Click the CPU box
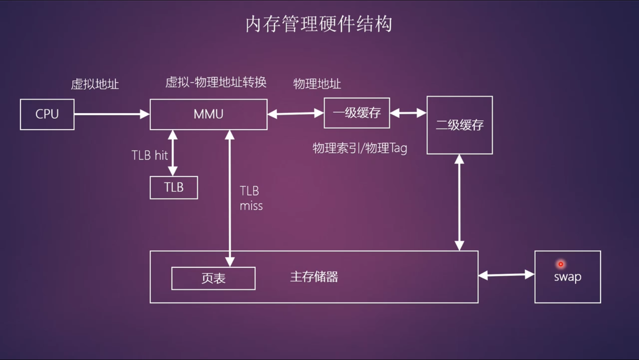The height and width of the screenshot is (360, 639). (47, 114)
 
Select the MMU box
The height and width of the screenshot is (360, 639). (209, 114)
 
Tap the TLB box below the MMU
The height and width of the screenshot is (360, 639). (174, 188)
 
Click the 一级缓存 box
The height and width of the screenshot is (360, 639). (357, 113)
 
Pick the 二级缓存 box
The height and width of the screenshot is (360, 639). (460, 125)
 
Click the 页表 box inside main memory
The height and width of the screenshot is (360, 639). (214, 279)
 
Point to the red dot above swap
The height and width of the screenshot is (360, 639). (561, 264)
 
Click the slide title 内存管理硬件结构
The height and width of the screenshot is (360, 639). (319, 24)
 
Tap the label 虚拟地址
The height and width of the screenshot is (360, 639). (95, 84)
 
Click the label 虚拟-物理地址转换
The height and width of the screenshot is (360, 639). (216, 82)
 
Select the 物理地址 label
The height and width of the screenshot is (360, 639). (317, 84)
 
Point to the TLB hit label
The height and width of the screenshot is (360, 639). (150, 155)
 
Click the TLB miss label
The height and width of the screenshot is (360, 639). (251, 198)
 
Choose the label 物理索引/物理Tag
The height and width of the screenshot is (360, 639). (359, 148)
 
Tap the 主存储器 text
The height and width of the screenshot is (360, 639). (314, 277)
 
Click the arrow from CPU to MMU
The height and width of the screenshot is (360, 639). (112, 114)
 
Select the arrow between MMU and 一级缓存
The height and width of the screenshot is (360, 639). (295, 114)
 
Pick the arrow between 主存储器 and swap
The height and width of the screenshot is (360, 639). (506, 275)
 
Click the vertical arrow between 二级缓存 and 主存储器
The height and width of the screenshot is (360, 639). (459, 203)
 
